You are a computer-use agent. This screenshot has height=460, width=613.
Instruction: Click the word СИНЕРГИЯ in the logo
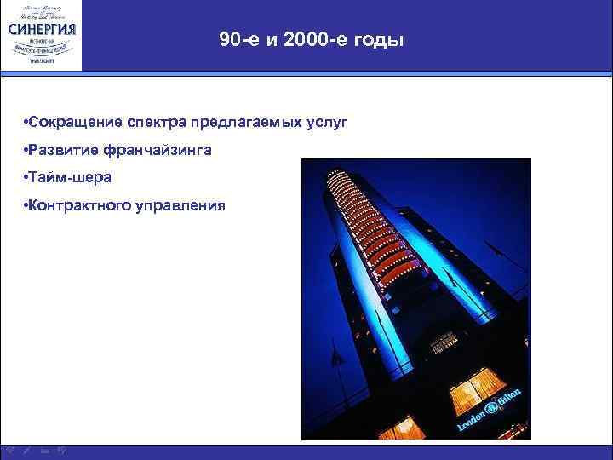pos(43,28)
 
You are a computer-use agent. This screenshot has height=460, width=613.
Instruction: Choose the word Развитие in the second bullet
pos(62,150)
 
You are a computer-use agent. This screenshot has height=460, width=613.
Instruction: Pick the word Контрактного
pos(77,204)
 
